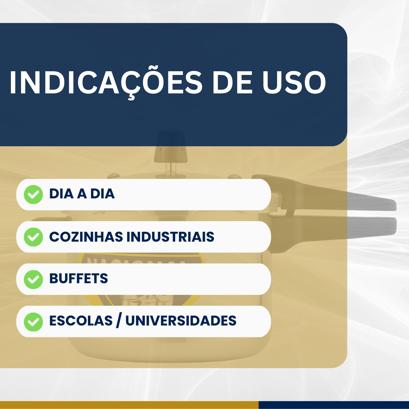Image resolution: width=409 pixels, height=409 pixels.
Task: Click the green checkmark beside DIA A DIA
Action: point(33,195)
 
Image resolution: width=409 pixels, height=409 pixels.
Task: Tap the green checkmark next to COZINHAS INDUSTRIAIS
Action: point(33,237)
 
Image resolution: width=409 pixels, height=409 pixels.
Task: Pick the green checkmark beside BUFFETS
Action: point(33,279)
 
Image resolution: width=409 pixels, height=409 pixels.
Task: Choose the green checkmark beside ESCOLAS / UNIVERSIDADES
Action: point(33,321)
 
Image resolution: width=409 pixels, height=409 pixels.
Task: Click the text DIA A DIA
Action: point(82,194)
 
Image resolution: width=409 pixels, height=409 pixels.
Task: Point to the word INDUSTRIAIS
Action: point(170,237)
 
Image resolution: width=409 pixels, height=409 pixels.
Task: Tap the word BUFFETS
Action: point(78,279)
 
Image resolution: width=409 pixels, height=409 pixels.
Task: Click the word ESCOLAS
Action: point(81,321)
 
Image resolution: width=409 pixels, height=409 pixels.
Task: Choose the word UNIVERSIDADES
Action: point(181,321)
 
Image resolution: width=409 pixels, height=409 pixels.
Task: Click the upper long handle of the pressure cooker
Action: point(341,198)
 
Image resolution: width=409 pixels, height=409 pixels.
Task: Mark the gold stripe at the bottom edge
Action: point(130,405)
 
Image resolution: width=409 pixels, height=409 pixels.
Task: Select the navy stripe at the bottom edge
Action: point(334,405)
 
